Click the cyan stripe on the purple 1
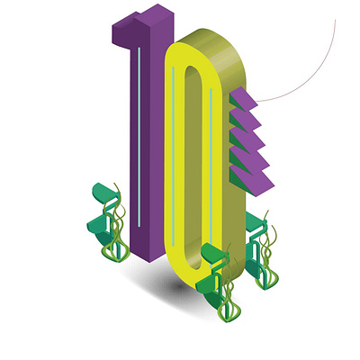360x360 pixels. point(139,137)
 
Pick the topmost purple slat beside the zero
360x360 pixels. point(244,97)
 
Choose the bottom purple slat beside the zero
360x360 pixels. point(253,183)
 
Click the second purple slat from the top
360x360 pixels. point(246,119)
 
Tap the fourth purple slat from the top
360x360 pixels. point(250,160)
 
